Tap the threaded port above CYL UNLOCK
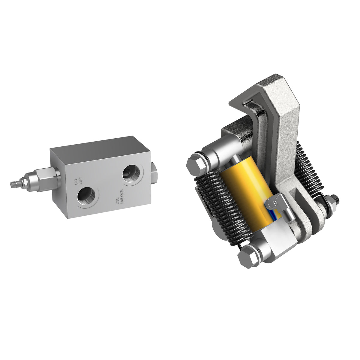coord(131,173)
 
